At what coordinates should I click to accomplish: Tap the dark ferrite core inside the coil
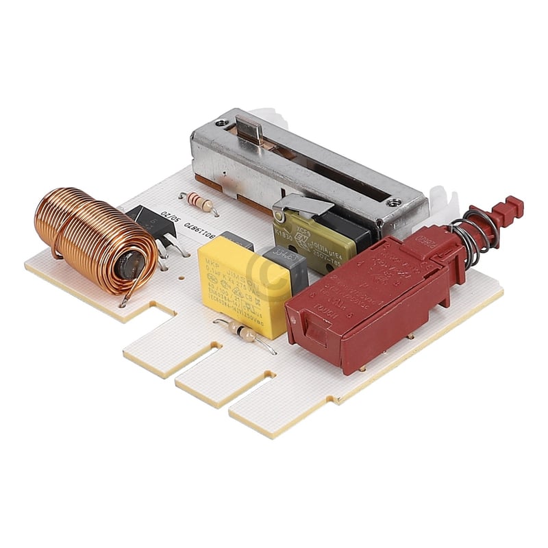point(131,264)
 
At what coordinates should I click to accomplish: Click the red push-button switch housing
point(370,295)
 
